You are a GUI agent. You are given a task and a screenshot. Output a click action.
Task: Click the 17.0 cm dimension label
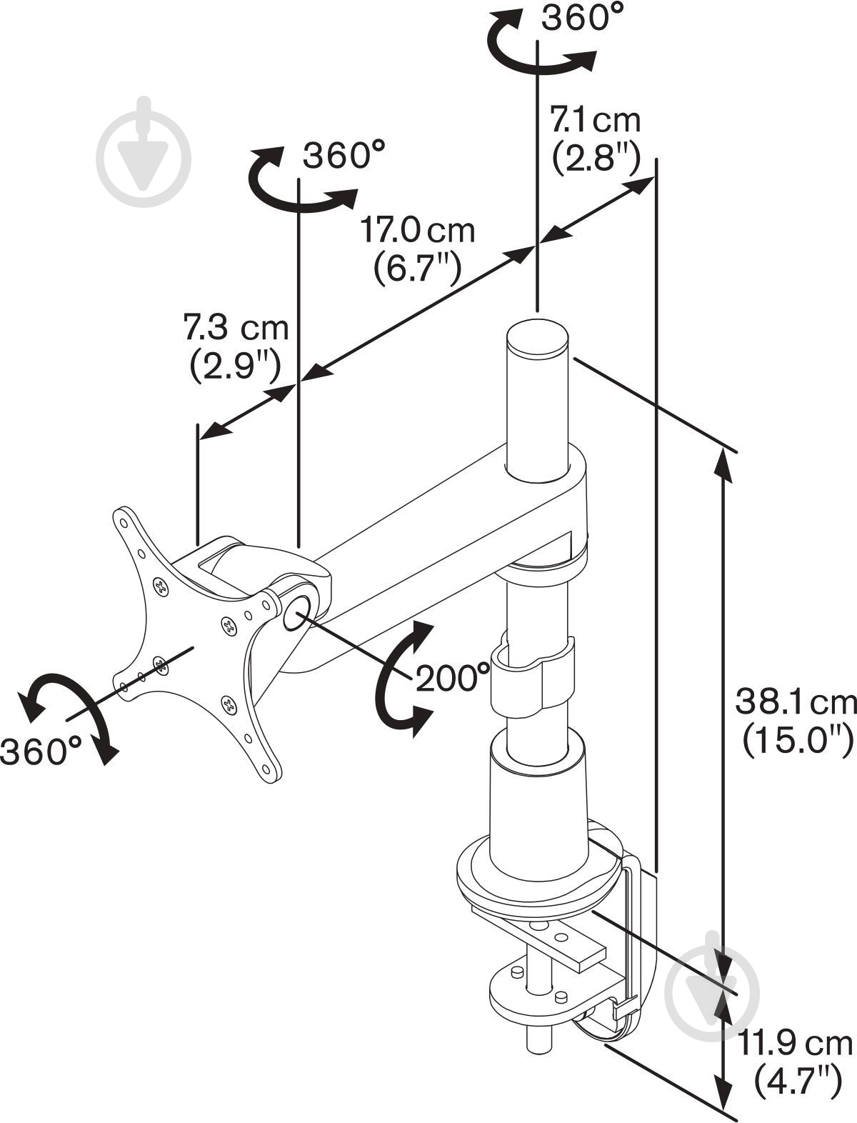[416, 231]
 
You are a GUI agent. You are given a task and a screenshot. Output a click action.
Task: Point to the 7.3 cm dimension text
[236, 329]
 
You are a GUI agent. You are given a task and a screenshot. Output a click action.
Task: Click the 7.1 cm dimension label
[595, 120]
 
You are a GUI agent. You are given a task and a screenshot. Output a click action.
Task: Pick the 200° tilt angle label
[453, 678]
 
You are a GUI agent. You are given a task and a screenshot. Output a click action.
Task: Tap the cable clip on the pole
[531, 676]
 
